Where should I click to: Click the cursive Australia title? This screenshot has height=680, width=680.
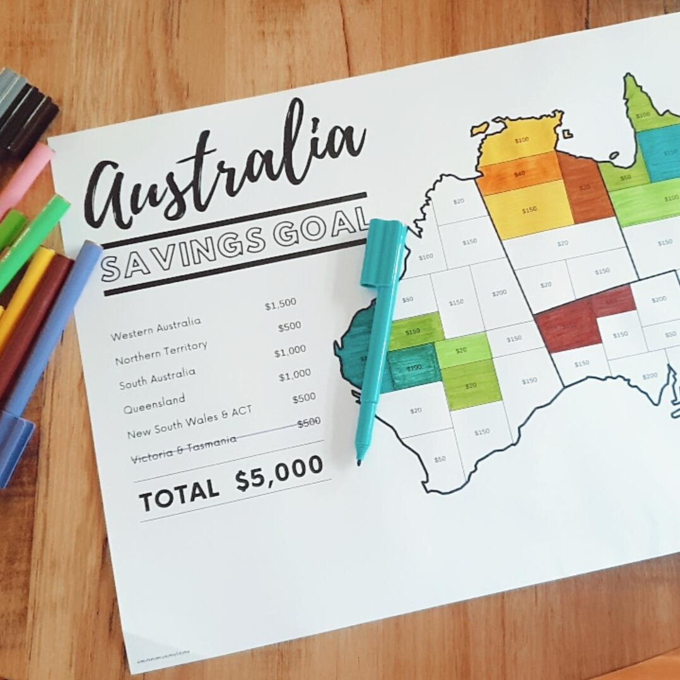coord(224,167)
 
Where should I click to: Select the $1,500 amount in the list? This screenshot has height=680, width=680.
coord(280,304)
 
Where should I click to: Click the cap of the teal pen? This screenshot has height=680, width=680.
coord(383,252)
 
